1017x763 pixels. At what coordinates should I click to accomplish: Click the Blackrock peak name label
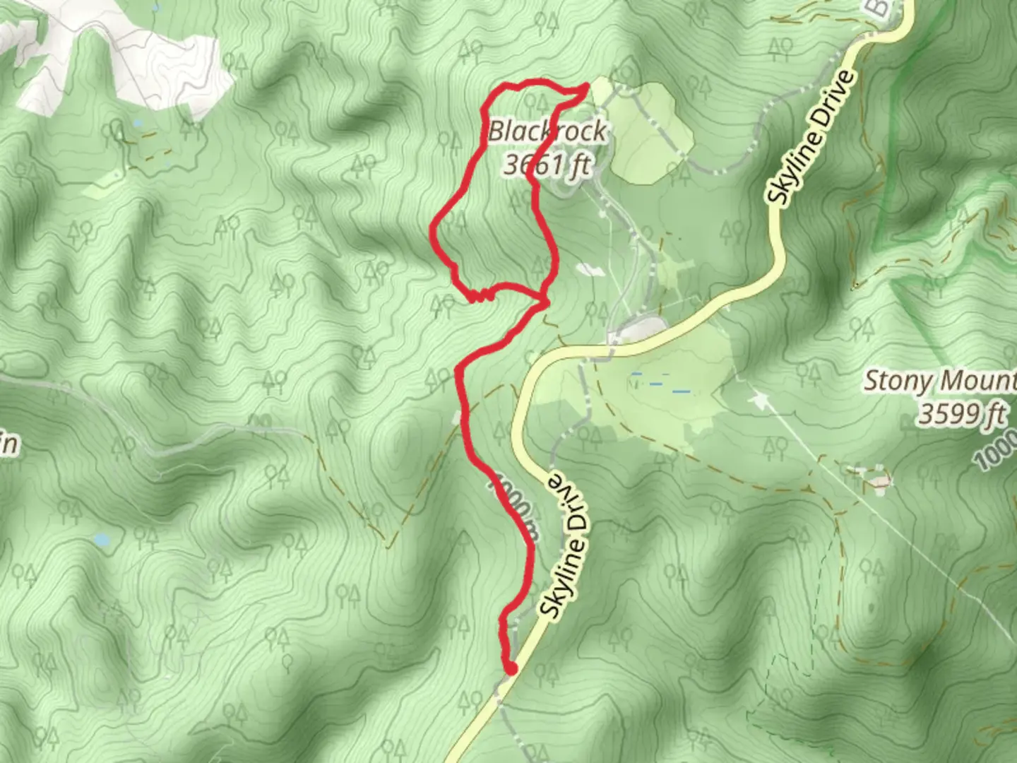tap(547, 131)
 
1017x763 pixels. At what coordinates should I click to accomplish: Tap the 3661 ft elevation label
tap(547, 165)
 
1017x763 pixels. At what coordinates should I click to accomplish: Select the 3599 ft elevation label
tap(961, 414)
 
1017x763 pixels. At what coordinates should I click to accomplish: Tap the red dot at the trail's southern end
tap(511, 668)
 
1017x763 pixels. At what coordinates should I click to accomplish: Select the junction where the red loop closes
tap(545, 303)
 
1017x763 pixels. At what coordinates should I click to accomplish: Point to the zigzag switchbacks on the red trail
tap(480, 297)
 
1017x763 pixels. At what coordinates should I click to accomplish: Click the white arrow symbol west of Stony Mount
tap(760, 401)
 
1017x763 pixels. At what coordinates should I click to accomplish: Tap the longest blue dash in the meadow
tap(682, 391)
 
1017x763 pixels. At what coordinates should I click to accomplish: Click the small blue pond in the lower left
tap(102, 540)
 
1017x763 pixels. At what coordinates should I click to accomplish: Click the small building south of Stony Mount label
tap(879, 480)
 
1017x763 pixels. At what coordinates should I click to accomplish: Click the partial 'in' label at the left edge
tap(10, 445)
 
